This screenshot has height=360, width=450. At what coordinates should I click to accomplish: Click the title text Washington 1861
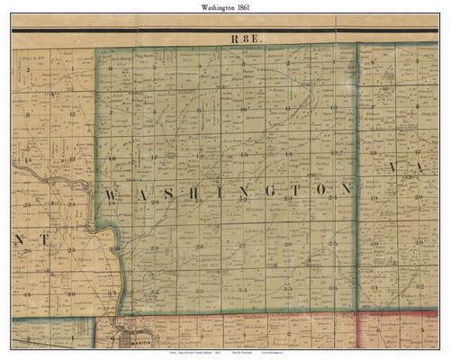(225, 6)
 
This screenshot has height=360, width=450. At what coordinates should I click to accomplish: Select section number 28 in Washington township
(200, 245)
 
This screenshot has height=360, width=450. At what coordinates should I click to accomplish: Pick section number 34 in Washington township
(245, 290)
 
